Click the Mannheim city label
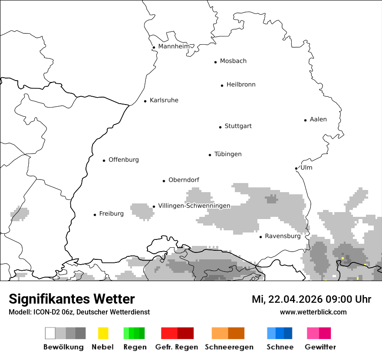(x=174, y=46)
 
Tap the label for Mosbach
(x=233, y=61)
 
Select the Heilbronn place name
(x=241, y=85)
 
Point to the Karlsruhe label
(x=164, y=100)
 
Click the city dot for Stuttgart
(x=220, y=127)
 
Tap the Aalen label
(x=318, y=119)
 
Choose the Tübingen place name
(x=228, y=154)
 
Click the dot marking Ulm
(x=296, y=168)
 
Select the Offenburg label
(x=124, y=160)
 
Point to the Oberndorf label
(x=184, y=180)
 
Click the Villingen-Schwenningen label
(x=194, y=206)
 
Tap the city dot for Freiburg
(x=95, y=215)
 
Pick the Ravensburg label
(x=283, y=236)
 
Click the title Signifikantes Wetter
(x=72, y=299)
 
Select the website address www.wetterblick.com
(x=313, y=312)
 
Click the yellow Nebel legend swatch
(x=103, y=333)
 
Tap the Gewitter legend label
(x=320, y=347)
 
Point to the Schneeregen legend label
(x=229, y=347)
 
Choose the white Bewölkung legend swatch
(x=50, y=333)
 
